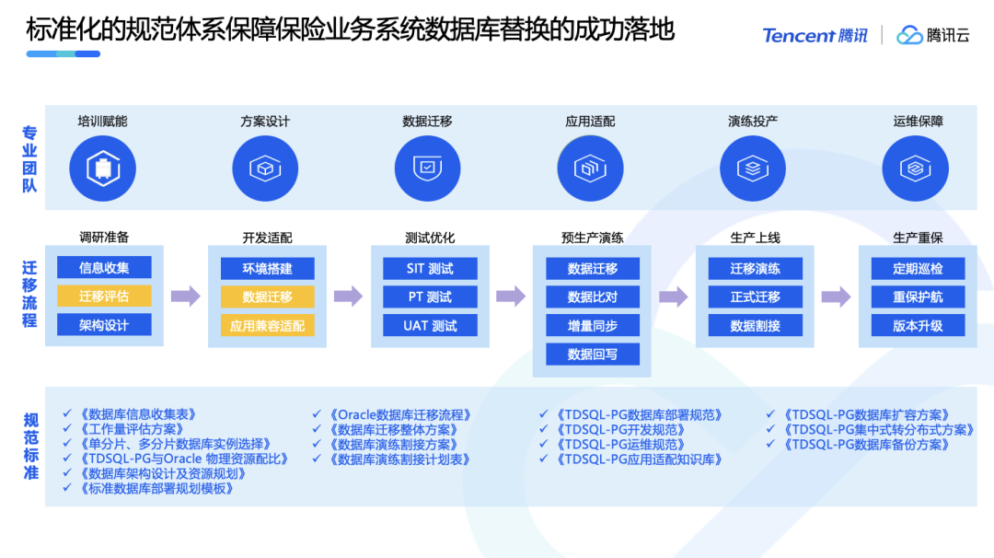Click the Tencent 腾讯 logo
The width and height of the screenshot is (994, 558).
[815, 35]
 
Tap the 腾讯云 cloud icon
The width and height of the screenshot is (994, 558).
[909, 35]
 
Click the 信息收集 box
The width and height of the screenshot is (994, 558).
[104, 268]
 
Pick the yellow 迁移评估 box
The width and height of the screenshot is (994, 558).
[104, 296]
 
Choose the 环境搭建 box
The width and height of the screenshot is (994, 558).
[267, 268]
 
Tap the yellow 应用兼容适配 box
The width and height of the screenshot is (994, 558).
[267, 325]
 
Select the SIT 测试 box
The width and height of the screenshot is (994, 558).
[430, 268]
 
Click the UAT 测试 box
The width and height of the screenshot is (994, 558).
[430, 325]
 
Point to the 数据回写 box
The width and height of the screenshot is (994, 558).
[593, 354]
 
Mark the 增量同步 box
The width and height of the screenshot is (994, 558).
[593, 325]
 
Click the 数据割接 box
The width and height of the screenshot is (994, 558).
[755, 325]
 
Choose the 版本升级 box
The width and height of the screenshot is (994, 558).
[918, 325]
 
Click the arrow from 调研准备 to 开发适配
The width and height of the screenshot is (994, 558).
[186, 296]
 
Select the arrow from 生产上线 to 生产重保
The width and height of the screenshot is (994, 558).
[836, 296]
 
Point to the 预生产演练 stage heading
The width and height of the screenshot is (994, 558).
[593, 238]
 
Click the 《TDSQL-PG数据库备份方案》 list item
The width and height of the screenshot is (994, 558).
[866, 444]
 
